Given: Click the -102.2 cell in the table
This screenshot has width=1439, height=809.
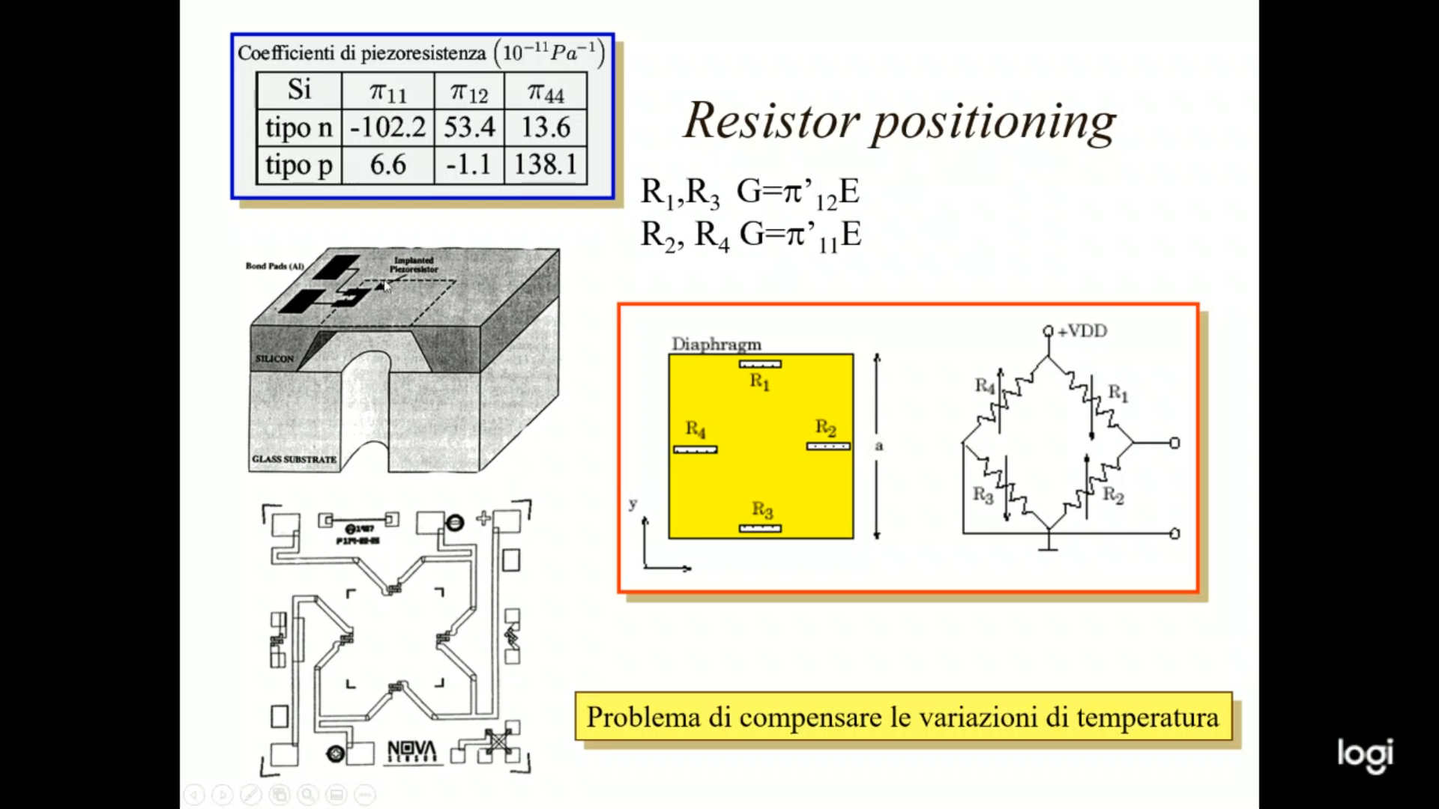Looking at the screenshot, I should [387, 127].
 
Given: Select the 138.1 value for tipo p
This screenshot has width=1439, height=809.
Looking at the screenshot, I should [545, 164].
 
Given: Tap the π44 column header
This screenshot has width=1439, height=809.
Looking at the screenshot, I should [545, 92].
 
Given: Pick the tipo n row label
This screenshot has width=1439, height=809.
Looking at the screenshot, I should [298, 127].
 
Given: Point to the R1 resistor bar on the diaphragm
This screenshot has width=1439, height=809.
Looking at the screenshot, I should [760, 364].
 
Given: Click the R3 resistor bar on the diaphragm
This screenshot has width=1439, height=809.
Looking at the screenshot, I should [760, 528].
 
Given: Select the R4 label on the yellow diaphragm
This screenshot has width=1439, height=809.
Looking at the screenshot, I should [696, 429].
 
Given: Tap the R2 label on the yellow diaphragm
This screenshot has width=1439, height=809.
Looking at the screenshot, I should [825, 428].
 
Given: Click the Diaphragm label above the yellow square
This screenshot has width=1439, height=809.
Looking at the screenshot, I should [716, 344].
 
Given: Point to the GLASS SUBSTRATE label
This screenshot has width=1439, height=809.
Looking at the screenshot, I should [294, 459].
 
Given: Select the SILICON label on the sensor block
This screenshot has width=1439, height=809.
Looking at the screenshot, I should [274, 359].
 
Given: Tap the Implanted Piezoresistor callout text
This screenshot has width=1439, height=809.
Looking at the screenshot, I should [414, 264].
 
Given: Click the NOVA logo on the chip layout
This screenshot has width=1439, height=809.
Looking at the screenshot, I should [411, 751].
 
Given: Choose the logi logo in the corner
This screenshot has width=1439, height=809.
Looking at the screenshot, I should [1365, 754].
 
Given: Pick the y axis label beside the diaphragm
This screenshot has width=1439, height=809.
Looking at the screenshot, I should [633, 503].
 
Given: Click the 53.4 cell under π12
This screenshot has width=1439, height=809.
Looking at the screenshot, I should [469, 127].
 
